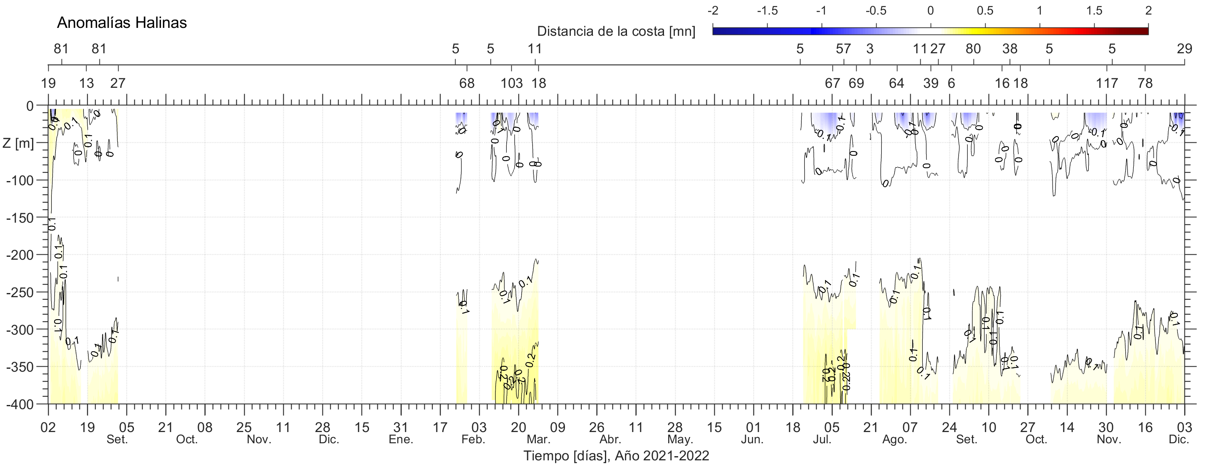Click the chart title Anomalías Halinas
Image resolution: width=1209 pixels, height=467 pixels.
click(122, 22)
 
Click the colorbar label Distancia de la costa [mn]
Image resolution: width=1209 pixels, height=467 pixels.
click(616, 32)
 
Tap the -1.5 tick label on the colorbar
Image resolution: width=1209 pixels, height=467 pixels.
click(767, 11)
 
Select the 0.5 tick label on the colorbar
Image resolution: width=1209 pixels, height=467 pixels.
click(985, 11)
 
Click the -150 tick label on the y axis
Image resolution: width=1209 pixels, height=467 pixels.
click(20, 218)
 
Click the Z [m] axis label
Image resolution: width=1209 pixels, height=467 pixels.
click(18, 143)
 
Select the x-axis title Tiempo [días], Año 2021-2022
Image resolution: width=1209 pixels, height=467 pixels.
click(616, 456)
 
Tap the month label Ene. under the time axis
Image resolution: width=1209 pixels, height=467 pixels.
click(401, 440)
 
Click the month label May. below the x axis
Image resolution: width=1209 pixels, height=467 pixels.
click(680, 440)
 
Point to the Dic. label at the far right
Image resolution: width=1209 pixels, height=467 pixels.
click(1179, 440)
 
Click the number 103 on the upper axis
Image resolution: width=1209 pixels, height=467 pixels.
click(512, 84)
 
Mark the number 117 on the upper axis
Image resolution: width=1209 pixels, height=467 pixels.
click(1107, 84)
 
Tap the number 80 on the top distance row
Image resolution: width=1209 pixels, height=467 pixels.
click(973, 49)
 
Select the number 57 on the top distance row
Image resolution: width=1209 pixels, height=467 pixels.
click(843, 49)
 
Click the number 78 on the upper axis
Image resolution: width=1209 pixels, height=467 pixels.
click(1145, 84)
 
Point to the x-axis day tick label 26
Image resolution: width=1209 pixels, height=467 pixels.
click(597, 427)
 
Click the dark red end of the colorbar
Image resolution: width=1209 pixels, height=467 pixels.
click(1144, 31)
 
